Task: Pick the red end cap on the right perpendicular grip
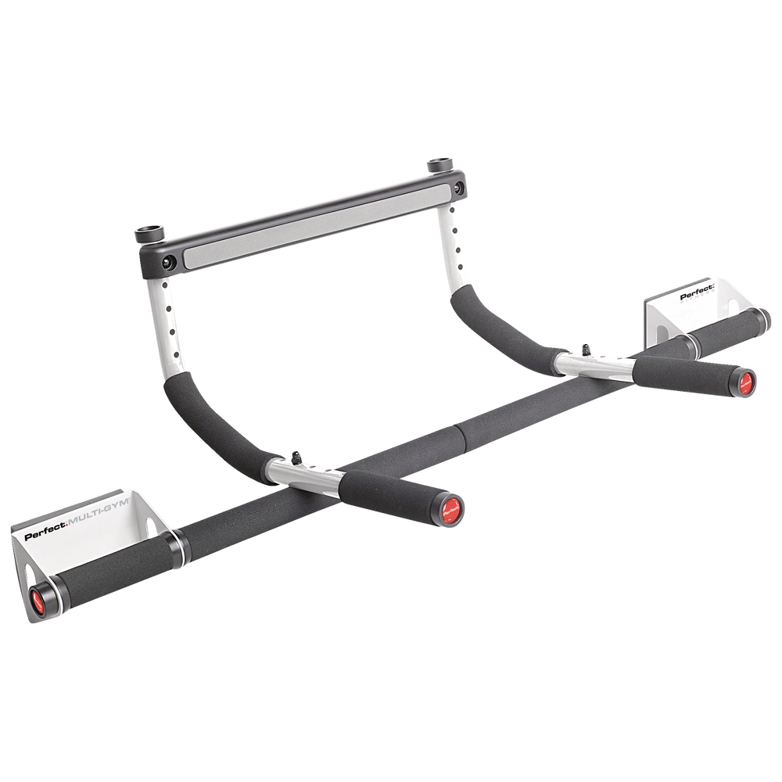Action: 744,381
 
